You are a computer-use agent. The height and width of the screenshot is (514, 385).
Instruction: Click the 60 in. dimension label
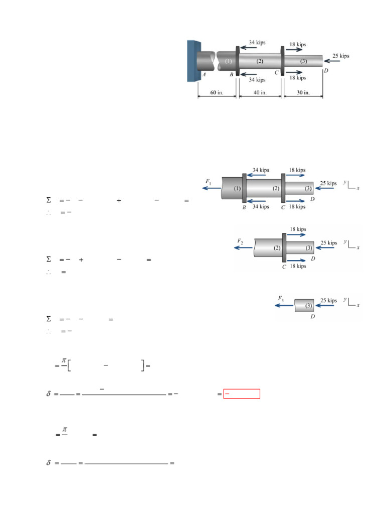(x=217, y=92)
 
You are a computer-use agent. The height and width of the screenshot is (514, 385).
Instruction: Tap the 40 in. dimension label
(x=260, y=92)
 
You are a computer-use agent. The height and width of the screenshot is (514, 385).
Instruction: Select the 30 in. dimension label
(x=303, y=92)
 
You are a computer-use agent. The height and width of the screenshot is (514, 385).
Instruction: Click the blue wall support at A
(x=193, y=61)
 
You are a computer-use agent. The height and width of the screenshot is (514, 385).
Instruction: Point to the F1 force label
(x=208, y=181)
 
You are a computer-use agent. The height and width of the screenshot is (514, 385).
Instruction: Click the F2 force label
(x=240, y=241)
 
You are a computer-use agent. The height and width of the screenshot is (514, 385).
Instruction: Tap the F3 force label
(x=281, y=299)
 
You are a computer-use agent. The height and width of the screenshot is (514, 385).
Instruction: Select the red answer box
(x=242, y=394)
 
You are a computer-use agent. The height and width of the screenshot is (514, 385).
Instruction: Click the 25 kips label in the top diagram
(x=341, y=56)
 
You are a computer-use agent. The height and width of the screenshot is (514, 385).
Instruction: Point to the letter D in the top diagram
(x=326, y=70)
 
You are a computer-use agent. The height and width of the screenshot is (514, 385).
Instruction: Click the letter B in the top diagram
(x=232, y=74)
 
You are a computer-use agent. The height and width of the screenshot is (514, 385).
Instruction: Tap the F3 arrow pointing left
(x=284, y=306)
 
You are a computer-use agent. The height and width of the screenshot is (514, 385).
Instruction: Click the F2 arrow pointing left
(x=243, y=247)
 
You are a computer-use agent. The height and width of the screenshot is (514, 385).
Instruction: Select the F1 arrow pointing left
(x=212, y=188)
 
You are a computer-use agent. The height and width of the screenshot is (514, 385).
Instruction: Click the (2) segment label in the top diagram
(x=260, y=61)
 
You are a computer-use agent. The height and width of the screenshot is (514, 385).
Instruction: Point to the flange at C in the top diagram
(x=282, y=61)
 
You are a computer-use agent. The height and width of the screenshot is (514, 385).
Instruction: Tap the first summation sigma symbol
(x=49, y=200)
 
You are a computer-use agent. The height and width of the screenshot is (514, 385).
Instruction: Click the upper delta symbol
(x=49, y=394)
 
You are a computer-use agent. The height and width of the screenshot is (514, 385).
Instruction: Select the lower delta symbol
(x=49, y=463)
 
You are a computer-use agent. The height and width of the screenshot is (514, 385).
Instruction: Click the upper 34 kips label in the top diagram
(x=257, y=42)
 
